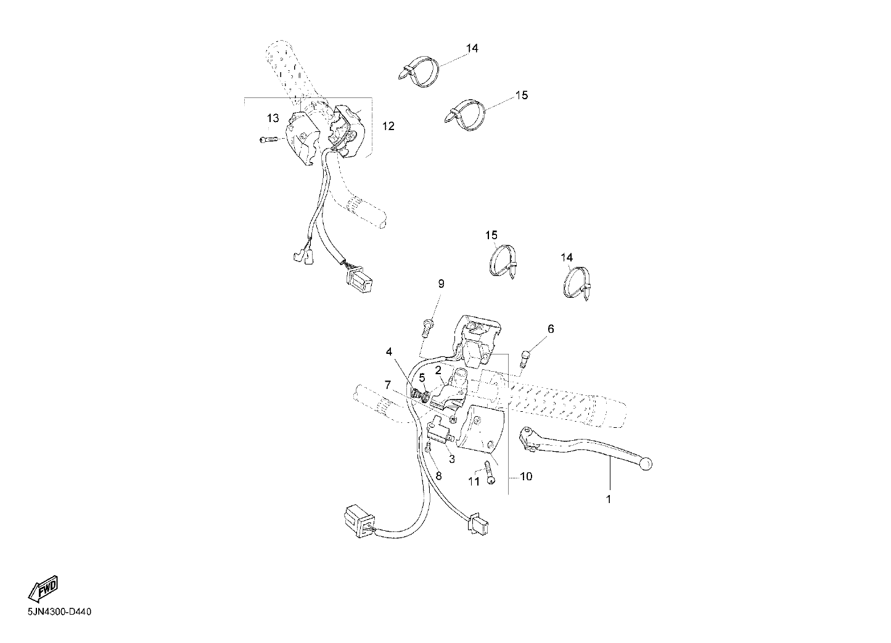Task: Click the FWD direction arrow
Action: coord(44,589)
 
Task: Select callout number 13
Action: coord(273,118)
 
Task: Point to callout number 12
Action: coord(388,126)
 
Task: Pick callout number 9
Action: coord(441,284)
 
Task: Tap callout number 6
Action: coord(551,329)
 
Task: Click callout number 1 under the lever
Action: coord(608,499)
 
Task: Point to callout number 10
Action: coord(526,477)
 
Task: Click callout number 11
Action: coord(474,481)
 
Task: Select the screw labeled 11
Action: coord(490,472)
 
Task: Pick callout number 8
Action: coord(439,476)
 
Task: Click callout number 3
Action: coord(452,459)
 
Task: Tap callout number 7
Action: coord(387,385)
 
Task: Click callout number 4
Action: coord(388,351)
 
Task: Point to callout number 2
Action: coord(438,371)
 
